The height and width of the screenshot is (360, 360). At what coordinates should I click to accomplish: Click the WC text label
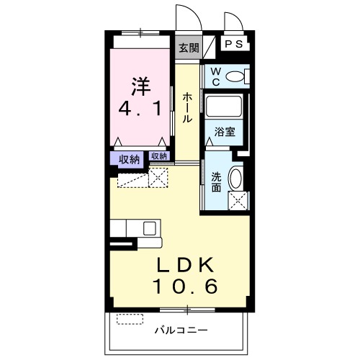215,76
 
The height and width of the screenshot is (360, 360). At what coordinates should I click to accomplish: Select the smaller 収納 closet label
159,156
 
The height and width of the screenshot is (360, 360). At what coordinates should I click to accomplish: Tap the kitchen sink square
150,228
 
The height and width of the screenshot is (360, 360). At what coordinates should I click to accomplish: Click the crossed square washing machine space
238,200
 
